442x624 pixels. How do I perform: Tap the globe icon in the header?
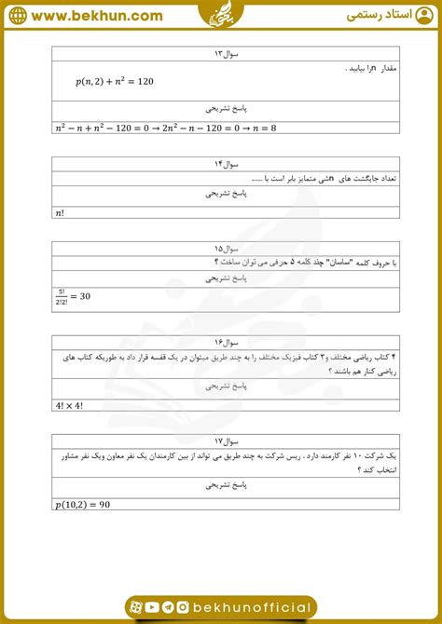point(18,16)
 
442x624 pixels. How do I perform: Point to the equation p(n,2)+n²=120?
point(115,82)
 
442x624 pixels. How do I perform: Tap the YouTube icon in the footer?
point(152,608)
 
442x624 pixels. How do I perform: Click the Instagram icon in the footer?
point(183,608)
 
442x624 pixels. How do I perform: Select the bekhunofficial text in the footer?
point(252,608)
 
